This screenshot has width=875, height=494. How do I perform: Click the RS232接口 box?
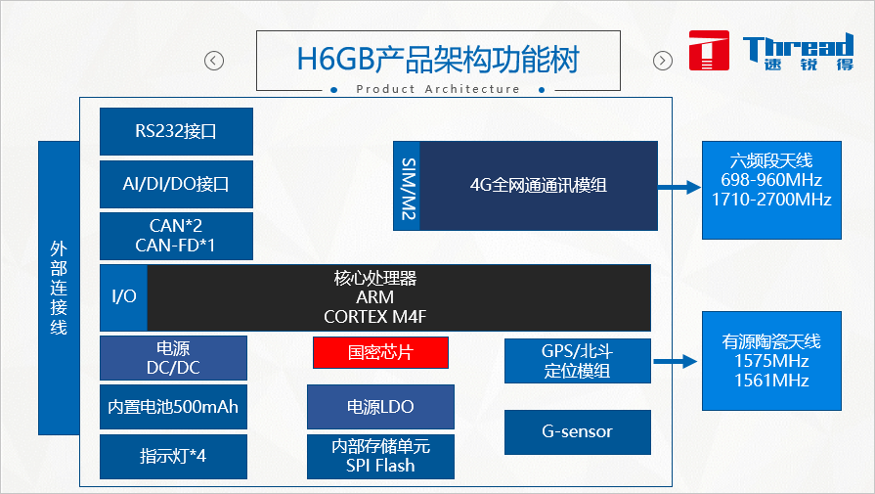point(176,131)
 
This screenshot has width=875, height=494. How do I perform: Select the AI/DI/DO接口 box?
point(176,183)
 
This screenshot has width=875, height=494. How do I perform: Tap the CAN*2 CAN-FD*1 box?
point(176,236)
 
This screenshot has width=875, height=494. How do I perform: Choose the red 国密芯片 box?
point(380,352)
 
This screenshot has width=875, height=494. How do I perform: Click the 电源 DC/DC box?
point(173,358)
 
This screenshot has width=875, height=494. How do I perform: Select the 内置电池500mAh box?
point(173,407)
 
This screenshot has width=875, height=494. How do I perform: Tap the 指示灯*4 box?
point(173,456)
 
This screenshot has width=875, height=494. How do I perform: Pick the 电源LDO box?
point(380,407)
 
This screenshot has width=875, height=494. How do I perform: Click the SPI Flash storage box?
point(380,456)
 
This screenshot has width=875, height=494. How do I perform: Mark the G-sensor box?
point(577,431)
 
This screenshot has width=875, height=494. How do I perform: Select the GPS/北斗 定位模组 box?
point(577,361)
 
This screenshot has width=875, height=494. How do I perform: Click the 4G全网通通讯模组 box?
point(538,186)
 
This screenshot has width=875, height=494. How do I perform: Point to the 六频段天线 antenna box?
point(771,189)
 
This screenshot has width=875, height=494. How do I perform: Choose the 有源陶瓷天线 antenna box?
point(771,361)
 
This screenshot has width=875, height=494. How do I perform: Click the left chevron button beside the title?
point(214,61)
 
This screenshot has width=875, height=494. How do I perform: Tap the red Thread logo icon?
point(709,51)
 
